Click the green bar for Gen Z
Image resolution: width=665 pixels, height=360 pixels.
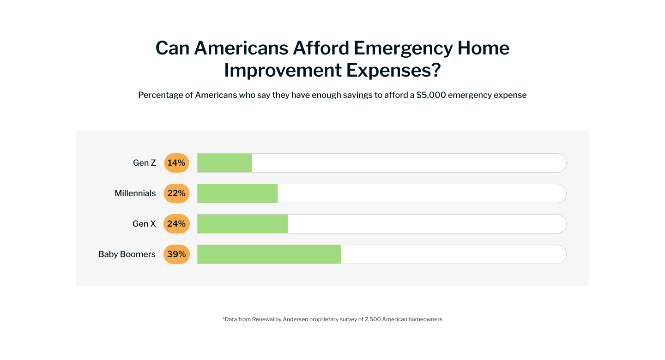point(225,163)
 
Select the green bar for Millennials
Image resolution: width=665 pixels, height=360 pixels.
point(237,193)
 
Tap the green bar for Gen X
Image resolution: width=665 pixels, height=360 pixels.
point(242,224)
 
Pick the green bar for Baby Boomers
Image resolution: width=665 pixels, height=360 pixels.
point(269,254)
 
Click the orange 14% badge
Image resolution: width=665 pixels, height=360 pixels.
point(176,163)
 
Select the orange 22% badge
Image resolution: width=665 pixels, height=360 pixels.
point(176,193)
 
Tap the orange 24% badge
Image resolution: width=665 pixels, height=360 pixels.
point(176,224)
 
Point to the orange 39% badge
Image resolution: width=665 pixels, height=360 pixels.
point(176,254)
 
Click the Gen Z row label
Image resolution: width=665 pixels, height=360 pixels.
point(145,163)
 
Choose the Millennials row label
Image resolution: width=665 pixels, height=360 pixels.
point(135,193)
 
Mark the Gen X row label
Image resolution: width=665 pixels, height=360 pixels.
point(144,224)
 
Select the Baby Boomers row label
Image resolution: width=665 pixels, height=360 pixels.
point(127,254)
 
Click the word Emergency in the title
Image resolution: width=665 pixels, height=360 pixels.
point(400,48)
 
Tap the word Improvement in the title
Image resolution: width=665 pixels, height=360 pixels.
point(283,70)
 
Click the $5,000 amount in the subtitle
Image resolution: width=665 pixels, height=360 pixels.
point(432,95)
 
